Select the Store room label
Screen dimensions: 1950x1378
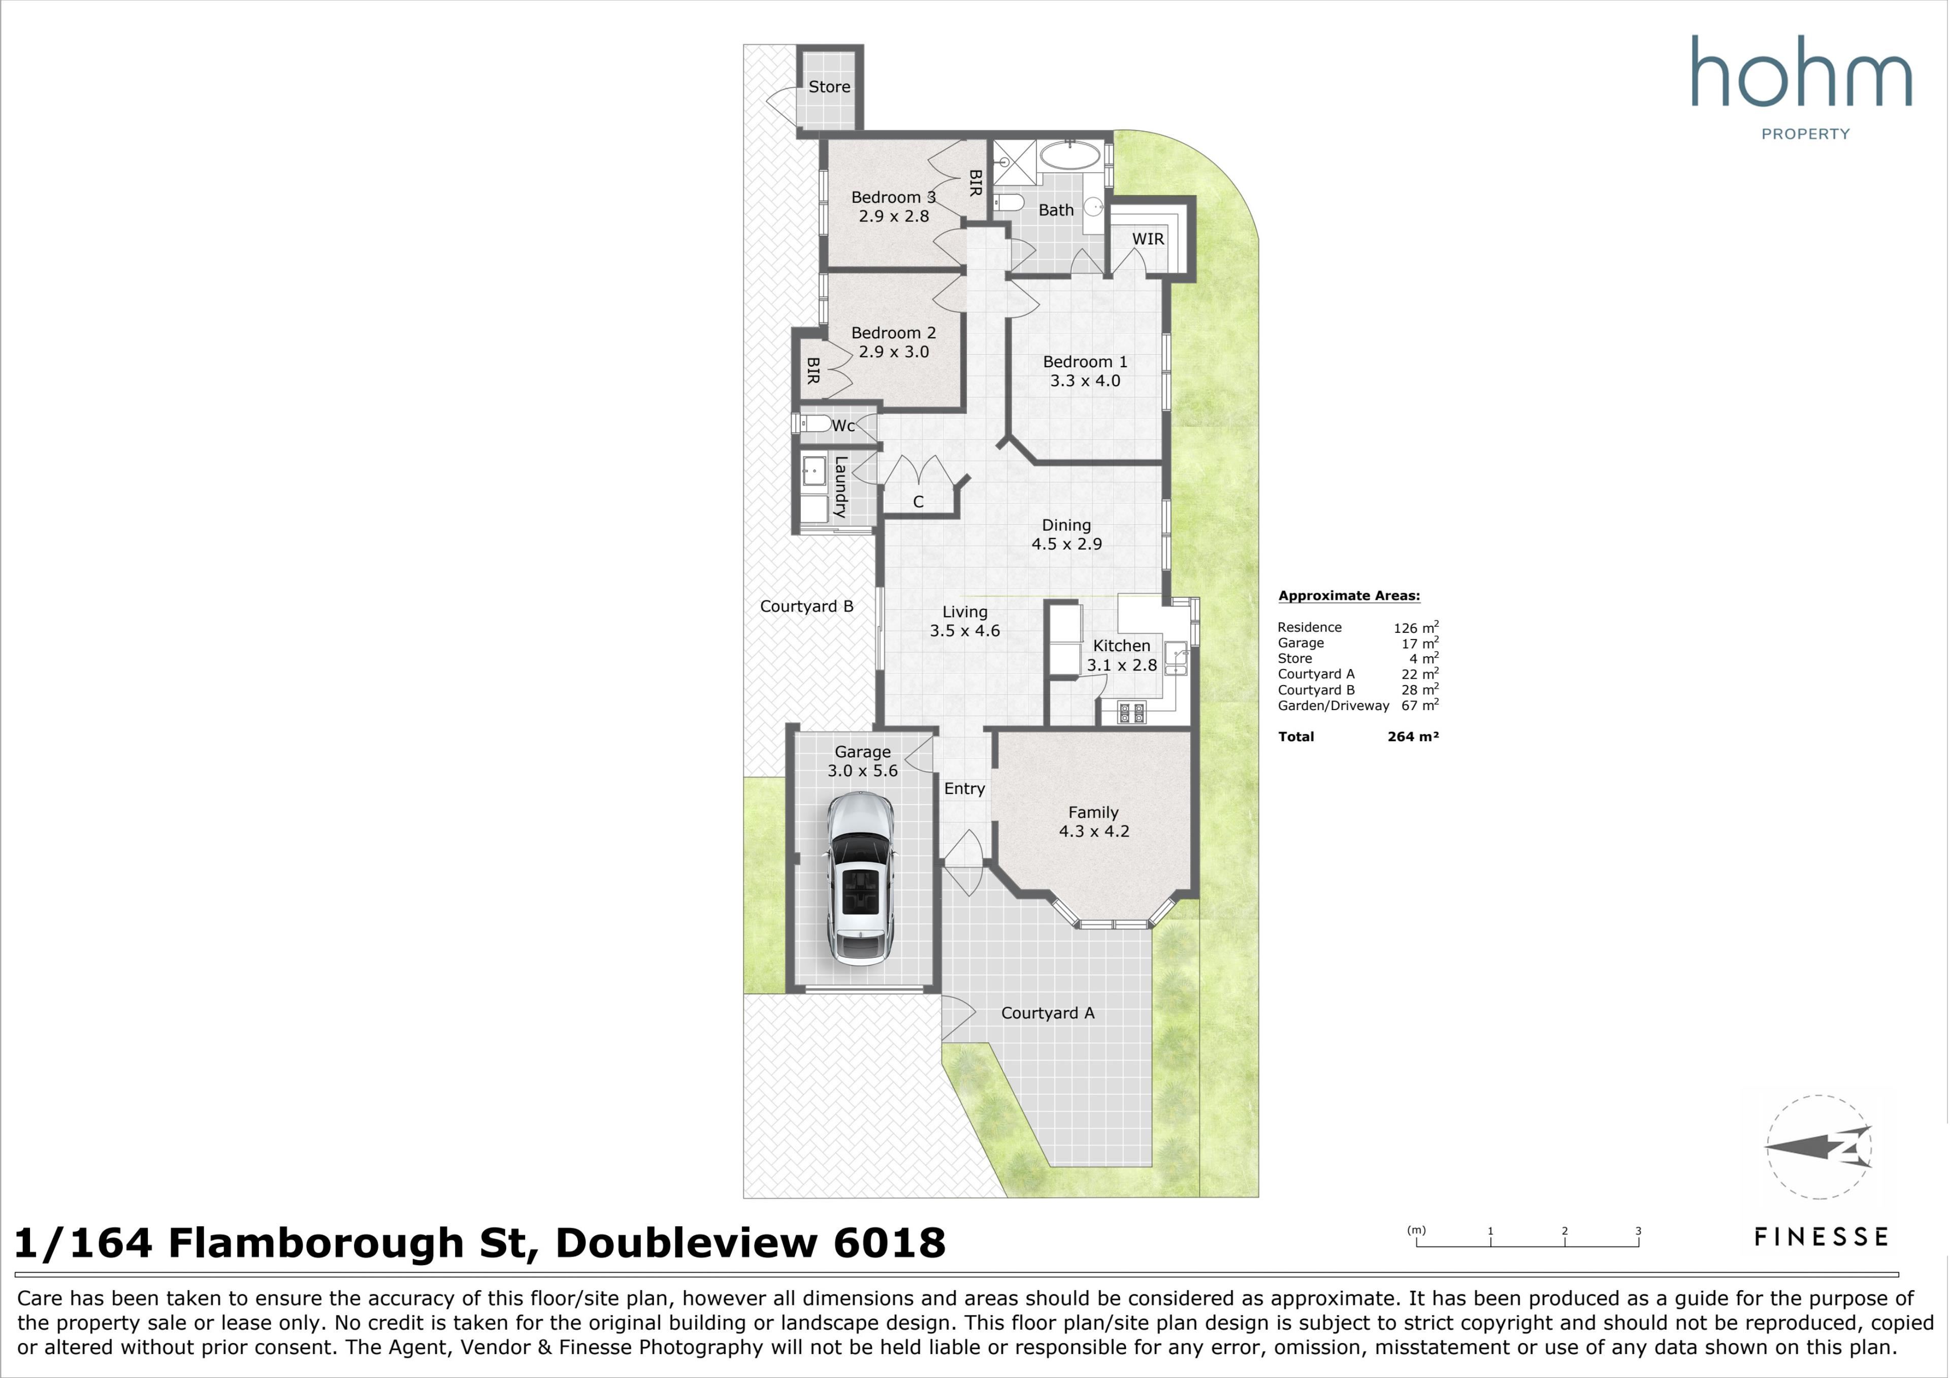pyautogui.click(x=829, y=87)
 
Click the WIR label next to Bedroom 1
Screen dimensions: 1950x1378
pyautogui.click(x=1148, y=239)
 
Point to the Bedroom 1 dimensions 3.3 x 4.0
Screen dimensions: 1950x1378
pyautogui.click(x=1085, y=380)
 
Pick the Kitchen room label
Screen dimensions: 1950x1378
pyautogui.click(x=1121, y=646)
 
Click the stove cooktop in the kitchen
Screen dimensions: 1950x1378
pyautogui.click(x=1131, y=713)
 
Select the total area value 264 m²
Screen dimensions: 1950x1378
pyautogui.click(x=1413, y=736)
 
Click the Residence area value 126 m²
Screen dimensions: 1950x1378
pyautogui.click(x=1416, y=627)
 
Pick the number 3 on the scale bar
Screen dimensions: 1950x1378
pyautogui.click(x=1638, y=1231)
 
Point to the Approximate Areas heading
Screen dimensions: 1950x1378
pyautogui.click(x=1349, y=596)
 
